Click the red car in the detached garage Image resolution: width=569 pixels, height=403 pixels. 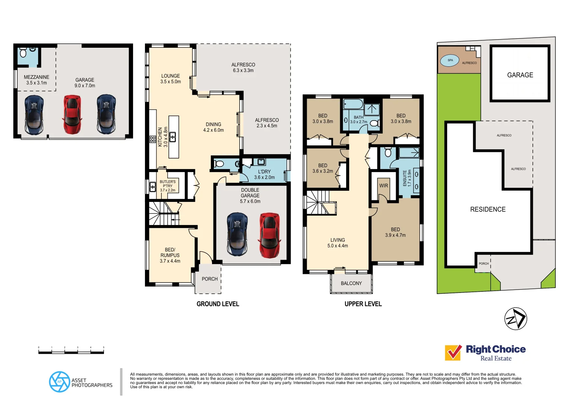(72, 115)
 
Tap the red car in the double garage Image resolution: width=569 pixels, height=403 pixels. (269, 235)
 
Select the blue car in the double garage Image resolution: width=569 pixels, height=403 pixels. (237, 234)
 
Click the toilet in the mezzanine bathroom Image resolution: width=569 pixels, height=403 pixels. (23, 53)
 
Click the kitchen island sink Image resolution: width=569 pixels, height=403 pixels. (173, 137)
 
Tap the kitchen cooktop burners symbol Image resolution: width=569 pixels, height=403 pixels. (153, 140)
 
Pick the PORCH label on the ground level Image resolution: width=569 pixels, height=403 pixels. (209, 279)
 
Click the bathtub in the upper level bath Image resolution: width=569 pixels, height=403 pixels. (353, 104)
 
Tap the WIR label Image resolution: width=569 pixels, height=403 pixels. (383, 185)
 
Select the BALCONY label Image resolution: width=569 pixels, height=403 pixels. (351, 283)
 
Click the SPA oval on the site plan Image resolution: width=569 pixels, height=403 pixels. (450, 60)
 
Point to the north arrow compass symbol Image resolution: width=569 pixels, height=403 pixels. (516, 319)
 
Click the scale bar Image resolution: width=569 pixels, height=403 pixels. (71, 351)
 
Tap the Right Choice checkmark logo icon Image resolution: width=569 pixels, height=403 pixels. (453, 353)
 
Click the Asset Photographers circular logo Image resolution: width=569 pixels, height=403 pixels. (59, 382)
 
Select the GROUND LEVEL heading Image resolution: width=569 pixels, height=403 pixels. (218, 304)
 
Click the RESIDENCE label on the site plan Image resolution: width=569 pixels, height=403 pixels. (488, 209)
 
